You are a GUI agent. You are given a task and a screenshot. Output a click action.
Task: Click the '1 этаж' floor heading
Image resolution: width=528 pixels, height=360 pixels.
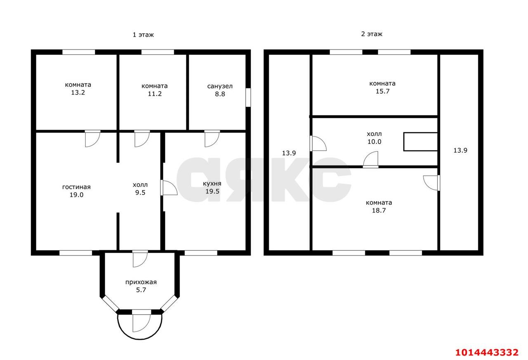click(x=143, y=35)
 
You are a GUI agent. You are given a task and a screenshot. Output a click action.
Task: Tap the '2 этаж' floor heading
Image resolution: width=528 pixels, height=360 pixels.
click(x=372, y=34)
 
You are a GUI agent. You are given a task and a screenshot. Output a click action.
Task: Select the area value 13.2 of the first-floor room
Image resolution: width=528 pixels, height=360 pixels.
click(x=78, y=93)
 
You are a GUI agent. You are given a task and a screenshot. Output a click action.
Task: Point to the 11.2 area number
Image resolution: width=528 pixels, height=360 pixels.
click(x=155, y=94)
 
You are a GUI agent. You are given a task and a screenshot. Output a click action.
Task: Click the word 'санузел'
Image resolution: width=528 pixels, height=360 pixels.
click(x=220, y=86)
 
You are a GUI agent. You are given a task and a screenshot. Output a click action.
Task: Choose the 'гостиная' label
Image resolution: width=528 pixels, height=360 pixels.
click(x=76, y=187)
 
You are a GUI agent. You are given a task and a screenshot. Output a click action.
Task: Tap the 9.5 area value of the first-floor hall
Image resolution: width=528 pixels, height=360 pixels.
click(x=140, y=193)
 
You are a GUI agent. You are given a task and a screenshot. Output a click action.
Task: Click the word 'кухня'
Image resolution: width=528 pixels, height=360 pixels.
click(x=212, y=184)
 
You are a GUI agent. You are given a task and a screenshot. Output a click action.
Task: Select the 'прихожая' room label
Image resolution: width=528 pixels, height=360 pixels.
click(x=141, y=282)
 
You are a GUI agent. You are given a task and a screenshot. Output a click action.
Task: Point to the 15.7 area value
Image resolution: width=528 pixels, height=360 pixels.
click(x=382, y=92)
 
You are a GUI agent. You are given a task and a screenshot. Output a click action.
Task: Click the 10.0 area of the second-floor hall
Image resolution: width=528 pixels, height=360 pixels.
click(x=374, y=141)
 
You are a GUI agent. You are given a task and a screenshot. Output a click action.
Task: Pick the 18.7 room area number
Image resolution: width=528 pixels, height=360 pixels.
click(x=379, y=210)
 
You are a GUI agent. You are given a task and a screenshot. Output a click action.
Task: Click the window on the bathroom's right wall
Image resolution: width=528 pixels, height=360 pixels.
click(x=248, y=98)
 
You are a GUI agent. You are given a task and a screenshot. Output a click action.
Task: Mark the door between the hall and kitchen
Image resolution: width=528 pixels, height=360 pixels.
click(x=169, y=188)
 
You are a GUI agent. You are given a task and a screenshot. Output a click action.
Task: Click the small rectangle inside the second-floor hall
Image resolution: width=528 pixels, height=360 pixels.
click(x=420, y=142)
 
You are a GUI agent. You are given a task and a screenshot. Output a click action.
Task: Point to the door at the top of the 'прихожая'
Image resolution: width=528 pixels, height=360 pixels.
click(x=140, y=259)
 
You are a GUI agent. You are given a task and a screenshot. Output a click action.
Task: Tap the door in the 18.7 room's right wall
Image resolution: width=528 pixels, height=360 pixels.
click(x=431, y=183)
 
